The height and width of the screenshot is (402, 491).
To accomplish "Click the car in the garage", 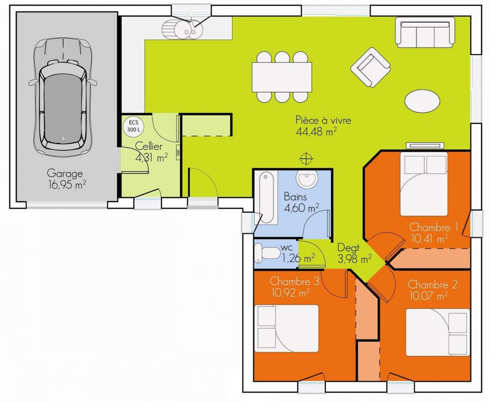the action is pyautogui.click(x=62, y=97).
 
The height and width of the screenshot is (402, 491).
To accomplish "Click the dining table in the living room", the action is pyautogui.click(x=282, y=77).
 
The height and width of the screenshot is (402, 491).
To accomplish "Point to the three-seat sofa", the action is pyautogui.click(x=425, y=32).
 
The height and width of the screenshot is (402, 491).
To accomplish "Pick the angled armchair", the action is pyautogui.click(x=370, y=68).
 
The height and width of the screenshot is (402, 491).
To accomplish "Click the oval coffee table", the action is pyautogui.click(x=422, y=100).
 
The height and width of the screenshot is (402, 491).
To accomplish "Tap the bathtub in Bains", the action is pyautogui.click(x=266, y=197).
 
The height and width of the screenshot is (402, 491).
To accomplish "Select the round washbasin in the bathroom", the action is pyautogui.click(x=307, y=179).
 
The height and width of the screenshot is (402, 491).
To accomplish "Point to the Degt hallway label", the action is pyautogui.click(x=348, y=248).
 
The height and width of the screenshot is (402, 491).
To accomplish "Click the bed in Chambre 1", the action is pyautogui.click(x=424, y=184).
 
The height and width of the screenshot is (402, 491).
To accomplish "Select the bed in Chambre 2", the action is pyautogui.click(x=438, y=332).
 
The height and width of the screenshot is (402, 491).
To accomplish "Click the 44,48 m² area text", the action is pyautogui.click(x=316, y=131).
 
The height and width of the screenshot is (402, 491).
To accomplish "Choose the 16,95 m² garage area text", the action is pyautogui.click(x=67, y=184).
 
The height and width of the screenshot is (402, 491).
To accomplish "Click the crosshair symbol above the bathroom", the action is pyautogui.click(x=306, y=159).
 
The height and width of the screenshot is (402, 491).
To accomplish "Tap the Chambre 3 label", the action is pyautogui.click(x=295, y=281).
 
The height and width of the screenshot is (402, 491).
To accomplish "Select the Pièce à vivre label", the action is pyautogui.click(x=323, y=120).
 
